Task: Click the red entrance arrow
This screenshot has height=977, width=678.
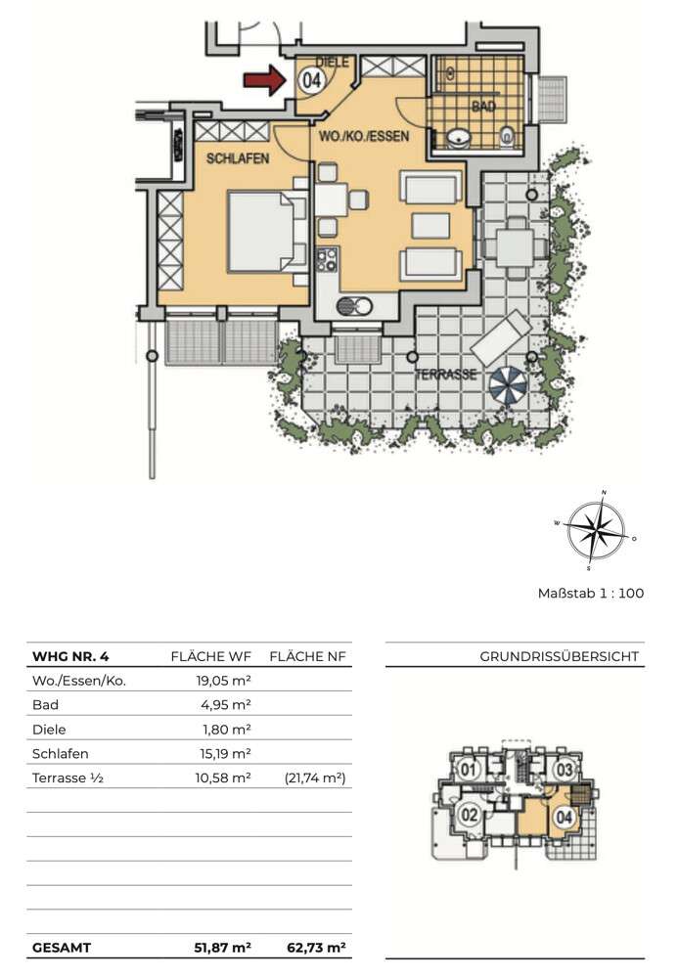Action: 263,80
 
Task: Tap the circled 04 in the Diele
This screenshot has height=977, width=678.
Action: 311,80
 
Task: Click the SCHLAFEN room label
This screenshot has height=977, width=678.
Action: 238,158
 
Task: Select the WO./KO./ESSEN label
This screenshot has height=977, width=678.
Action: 364,136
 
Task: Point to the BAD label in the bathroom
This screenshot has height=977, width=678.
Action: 483,107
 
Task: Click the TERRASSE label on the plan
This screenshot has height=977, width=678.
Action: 445,375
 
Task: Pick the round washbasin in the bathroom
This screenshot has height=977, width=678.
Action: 459,137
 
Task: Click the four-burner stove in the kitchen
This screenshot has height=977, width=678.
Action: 327,260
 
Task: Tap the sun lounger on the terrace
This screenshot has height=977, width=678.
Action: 501,337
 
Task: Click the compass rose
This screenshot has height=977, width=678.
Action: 595,531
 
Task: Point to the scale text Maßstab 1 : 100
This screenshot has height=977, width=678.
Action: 591,594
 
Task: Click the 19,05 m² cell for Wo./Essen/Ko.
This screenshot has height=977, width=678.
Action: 224,681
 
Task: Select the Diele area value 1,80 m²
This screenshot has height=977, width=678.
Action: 227,729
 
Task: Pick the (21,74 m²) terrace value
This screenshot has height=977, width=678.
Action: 315,777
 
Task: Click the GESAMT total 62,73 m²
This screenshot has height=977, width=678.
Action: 316,948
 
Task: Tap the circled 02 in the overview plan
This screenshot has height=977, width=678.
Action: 470,815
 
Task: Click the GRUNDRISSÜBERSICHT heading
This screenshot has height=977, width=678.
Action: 560,656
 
